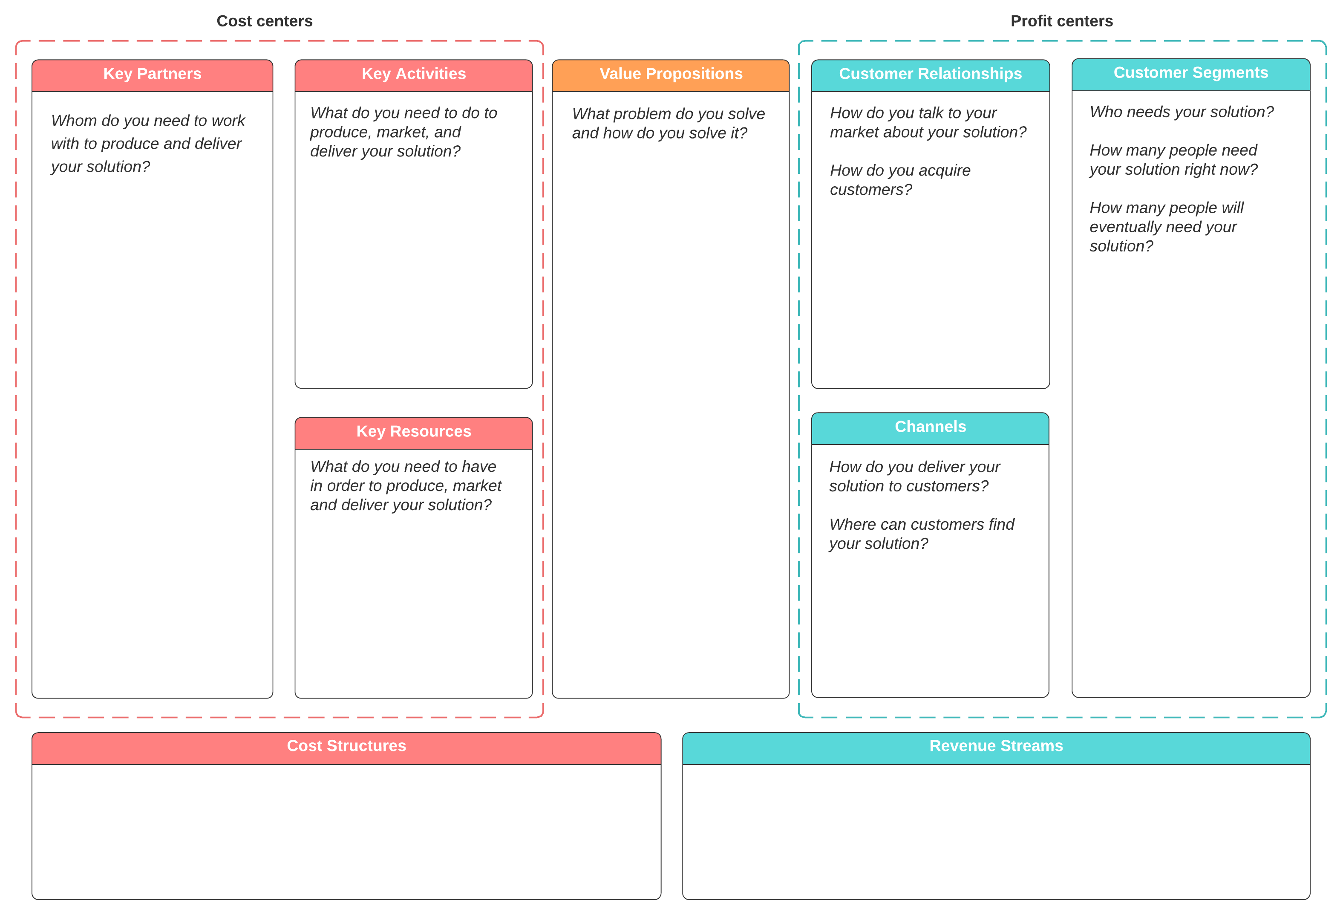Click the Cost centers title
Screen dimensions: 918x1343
coord(264,21)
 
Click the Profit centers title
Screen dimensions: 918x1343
coord(1061,21)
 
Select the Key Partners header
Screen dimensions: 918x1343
coord(152,74)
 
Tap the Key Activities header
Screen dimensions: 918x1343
coord(413,74)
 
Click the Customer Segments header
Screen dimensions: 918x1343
coord(1190,73)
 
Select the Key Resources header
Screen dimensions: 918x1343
coord(413,431)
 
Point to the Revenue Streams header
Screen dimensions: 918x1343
coord(996,746)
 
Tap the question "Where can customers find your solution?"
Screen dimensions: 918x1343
coord(921,534)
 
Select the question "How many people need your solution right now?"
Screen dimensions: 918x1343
coord(1173,159)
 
